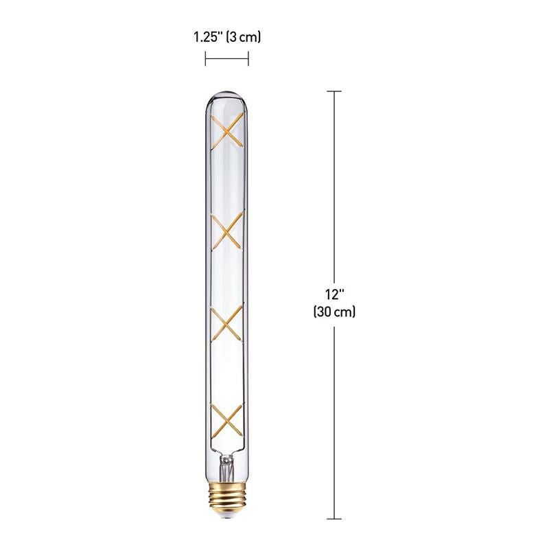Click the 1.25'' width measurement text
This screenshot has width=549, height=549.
click(x=207, y=37)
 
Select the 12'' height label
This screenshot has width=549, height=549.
click(x=334, y=294)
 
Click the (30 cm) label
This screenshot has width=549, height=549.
click(x=334, y=311)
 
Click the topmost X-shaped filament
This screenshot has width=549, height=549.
click(x=227, y=130)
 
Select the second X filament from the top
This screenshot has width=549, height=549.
click(x=227, y=231)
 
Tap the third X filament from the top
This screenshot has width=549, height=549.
click(x=227, y=324)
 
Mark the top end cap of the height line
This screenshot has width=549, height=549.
click(x=334, y=91)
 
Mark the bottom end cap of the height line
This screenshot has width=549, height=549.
click(x=334, y=519)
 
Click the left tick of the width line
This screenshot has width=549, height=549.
click(x=205, y=60)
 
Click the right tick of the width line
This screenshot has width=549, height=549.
click(x=248, y=60)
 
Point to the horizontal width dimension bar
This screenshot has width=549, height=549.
click(x=226, y=60)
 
